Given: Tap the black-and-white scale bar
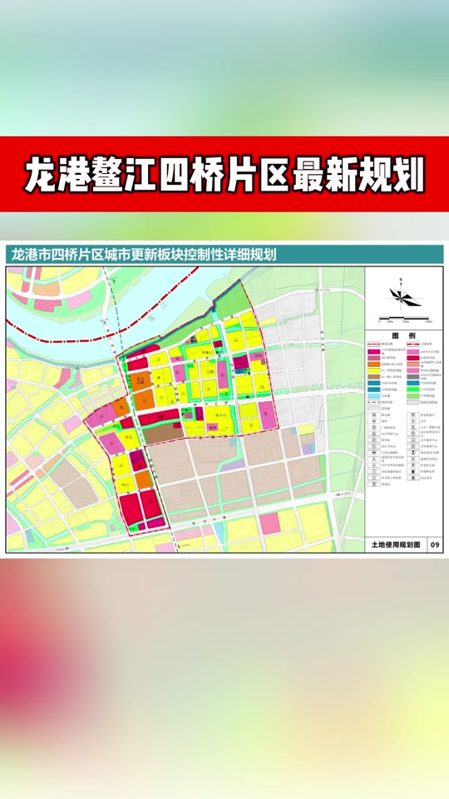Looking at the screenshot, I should tap(402, 319).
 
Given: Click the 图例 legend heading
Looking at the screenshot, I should tap(403, 336).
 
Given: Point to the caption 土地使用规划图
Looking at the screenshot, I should tap(396, 543).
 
